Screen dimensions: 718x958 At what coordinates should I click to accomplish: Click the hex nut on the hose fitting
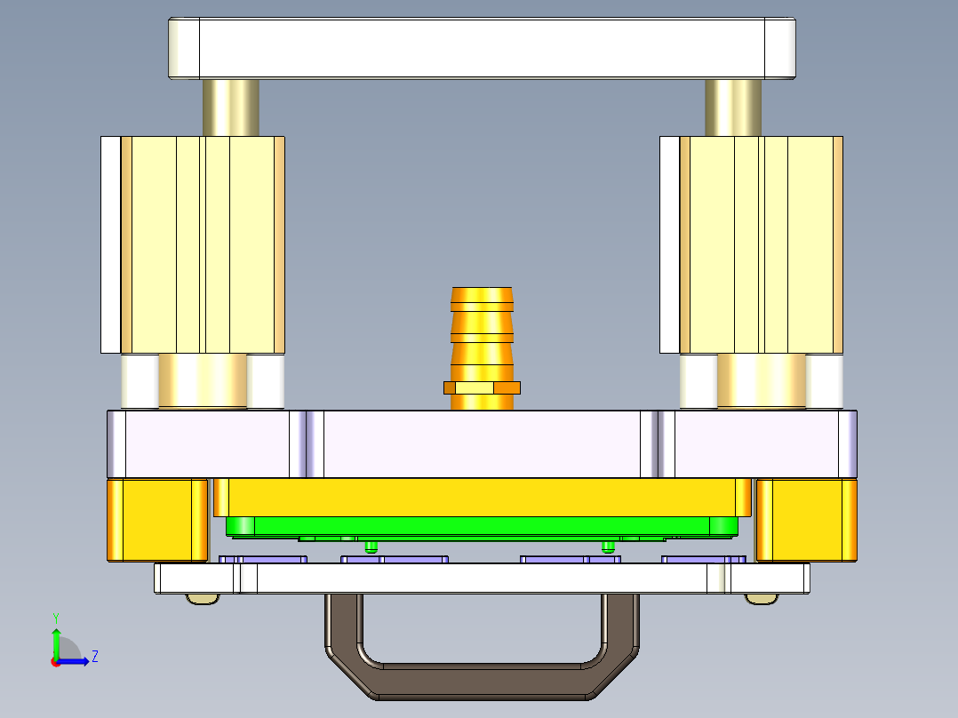pyautogui.click(x=482, y=387)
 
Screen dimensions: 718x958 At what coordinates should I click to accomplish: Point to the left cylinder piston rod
pyautogui.click(x=230, y=108)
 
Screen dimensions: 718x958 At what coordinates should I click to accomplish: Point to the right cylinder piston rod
pyautogui.click(x=733, y=108)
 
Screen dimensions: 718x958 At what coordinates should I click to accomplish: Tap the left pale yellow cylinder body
pyautogui.click(x=203, y=244)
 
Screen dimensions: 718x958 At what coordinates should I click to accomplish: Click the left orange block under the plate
pyautogui.click(x=157, y=520)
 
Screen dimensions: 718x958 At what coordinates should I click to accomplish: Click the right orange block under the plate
pyautogui.click(x=806, y=520)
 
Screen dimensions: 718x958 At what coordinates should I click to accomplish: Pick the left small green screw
pyautogui.click(x=371, y=545)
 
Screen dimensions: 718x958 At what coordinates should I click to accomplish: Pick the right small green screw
pyautogui.click(x=608, y=545)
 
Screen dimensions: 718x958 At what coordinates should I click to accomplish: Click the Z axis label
pyautogui.click(x=94, y=657)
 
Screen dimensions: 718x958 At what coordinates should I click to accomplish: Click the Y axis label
pyautogui.click(x=56, y=617)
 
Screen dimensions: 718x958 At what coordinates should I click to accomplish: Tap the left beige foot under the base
pyautogui.click(x=202, y=599)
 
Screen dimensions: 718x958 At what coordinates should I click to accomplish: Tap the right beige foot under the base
pyautogui.click(x=760, y=599)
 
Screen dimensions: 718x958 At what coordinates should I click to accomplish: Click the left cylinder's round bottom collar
pyautogui.click(x=203, y=381)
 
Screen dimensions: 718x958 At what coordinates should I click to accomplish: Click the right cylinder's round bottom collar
pyautogui.click(x=761, y=381)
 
